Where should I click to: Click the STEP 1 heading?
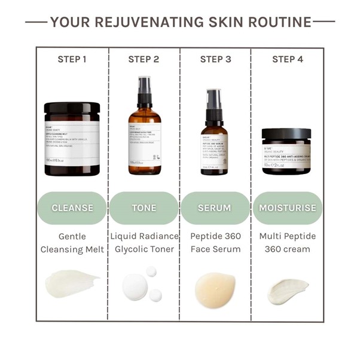click(72, 59)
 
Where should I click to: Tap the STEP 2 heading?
click(144, 59)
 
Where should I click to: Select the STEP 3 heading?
click(215, 59)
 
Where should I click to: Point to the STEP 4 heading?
click(288, 59)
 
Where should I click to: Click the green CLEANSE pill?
click(72, 208)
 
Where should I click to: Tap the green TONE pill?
click(144, 208)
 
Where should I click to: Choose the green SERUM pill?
click(215, 208)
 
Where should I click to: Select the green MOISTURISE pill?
click(287, 208)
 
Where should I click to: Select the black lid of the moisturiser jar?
click(286, 134)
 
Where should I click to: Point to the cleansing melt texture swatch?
click(72, 283)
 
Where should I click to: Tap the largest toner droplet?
click(135, 286)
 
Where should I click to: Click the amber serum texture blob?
click(215, 289)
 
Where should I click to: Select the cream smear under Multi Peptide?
click(288, 291)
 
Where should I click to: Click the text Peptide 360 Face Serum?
click(215, 242)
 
